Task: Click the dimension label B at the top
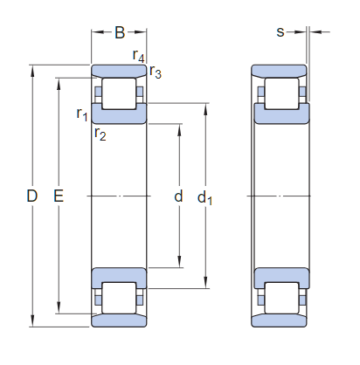120,33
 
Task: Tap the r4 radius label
138,56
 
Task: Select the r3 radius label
155,72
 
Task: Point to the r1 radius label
81,114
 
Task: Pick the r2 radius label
100,134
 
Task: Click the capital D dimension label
31,197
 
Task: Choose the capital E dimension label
59,197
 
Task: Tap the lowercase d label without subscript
178,197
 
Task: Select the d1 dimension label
205,198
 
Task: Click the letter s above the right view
280,32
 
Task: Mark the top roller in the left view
119,93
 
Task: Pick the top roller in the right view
280,93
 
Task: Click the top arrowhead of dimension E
59,81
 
